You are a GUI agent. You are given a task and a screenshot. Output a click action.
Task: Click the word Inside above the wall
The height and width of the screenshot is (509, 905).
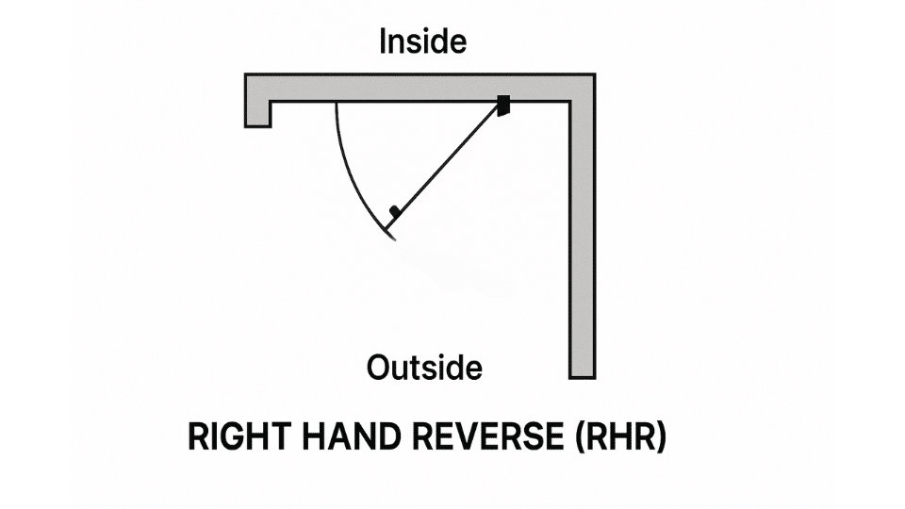[x=422, y=42]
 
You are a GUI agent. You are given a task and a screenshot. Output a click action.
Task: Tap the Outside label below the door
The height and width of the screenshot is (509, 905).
[x=424, y=366]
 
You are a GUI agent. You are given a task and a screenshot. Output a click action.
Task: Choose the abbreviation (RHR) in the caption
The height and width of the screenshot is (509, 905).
[x=617, y=437]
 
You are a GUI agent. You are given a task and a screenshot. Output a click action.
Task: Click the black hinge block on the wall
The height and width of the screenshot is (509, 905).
[x=504, y=105]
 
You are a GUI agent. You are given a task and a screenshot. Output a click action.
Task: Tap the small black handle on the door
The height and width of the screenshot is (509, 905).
[x=395, y=213]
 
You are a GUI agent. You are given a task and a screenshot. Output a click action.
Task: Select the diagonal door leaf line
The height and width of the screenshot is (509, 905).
[x=448, y=164]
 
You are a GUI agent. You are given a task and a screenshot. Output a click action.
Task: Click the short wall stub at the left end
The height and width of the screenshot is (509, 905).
[x=258, y=112]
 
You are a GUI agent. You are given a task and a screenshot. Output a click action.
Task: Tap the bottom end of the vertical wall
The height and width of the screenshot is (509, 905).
[x=583, y=375]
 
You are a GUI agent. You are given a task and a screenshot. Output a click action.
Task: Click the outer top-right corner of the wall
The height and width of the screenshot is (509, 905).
[x=594, y=74]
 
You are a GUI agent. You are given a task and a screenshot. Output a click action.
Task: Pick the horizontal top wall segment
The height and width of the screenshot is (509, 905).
[x=415, y=87]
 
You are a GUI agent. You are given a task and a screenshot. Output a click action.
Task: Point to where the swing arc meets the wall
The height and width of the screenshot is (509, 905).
[x=337, y=102]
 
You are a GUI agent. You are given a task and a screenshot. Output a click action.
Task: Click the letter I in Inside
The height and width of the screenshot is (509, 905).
[x=383, y=42]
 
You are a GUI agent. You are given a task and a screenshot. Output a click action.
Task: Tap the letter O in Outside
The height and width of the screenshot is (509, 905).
[x=378, y=366]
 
